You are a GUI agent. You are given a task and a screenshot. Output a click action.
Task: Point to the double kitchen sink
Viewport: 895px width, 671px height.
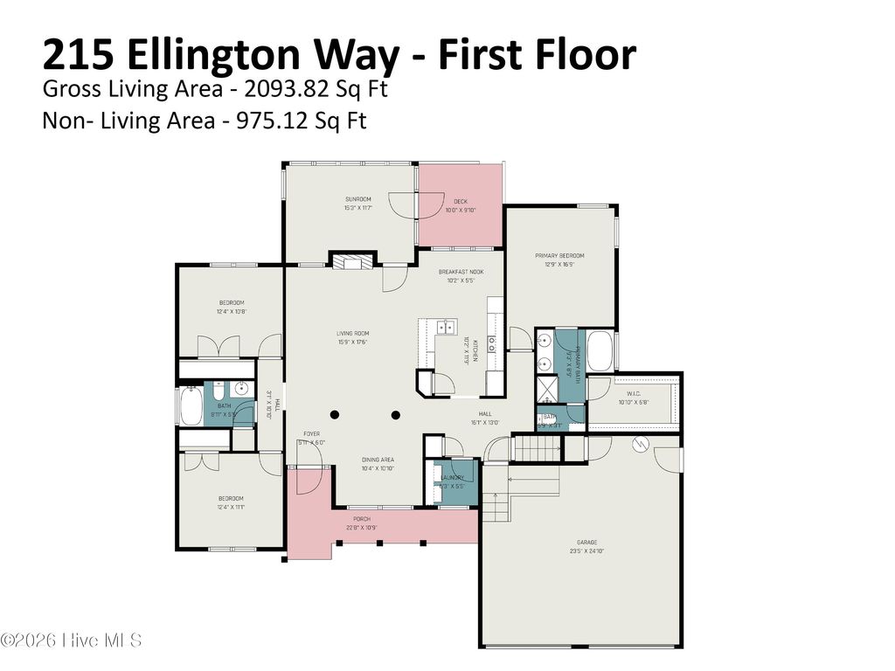tap(446, 328)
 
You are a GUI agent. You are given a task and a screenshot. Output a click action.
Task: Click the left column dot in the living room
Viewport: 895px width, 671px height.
tap(333, 414)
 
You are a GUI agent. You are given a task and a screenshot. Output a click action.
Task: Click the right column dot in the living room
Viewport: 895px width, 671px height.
tap(395, 414)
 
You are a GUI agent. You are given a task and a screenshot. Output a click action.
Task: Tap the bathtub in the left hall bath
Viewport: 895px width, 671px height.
tap(190, 406)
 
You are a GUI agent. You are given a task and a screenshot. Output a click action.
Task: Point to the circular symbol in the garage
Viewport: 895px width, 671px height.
tap(638, 443)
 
